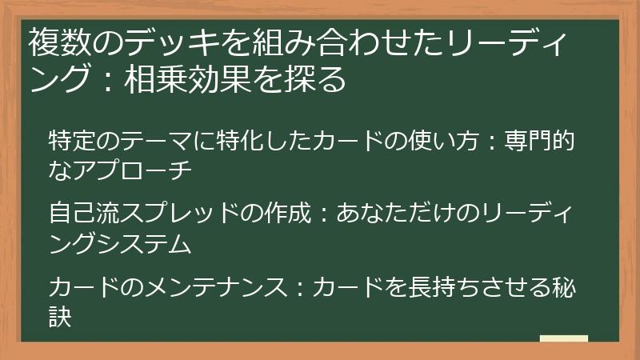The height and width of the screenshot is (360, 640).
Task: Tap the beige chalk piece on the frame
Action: tap(563, 338)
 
